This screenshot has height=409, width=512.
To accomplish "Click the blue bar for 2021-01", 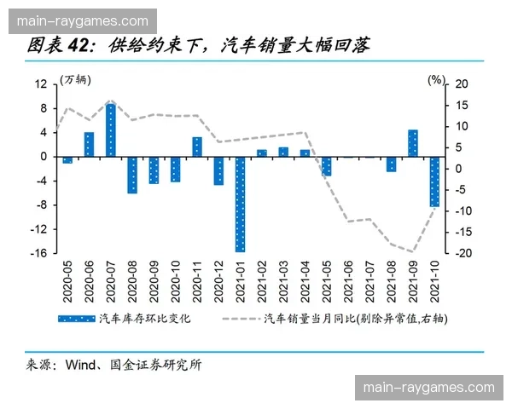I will (240, 204).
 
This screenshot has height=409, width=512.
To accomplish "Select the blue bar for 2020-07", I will (111, 130).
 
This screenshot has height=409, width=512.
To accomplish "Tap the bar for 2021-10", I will (433, 181).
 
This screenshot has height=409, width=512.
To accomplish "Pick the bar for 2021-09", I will (412, 143).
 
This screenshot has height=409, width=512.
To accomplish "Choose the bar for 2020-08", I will (132, 175).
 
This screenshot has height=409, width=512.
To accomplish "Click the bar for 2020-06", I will (90, 144).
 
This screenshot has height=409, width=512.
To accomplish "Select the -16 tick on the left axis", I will (39, 253).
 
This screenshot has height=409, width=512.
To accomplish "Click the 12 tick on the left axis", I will (40, 84).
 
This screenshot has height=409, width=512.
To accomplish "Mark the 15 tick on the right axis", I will (462, 105).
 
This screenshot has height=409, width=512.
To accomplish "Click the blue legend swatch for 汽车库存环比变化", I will (74, 319).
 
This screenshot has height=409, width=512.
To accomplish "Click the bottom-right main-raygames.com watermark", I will (428, 388).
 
